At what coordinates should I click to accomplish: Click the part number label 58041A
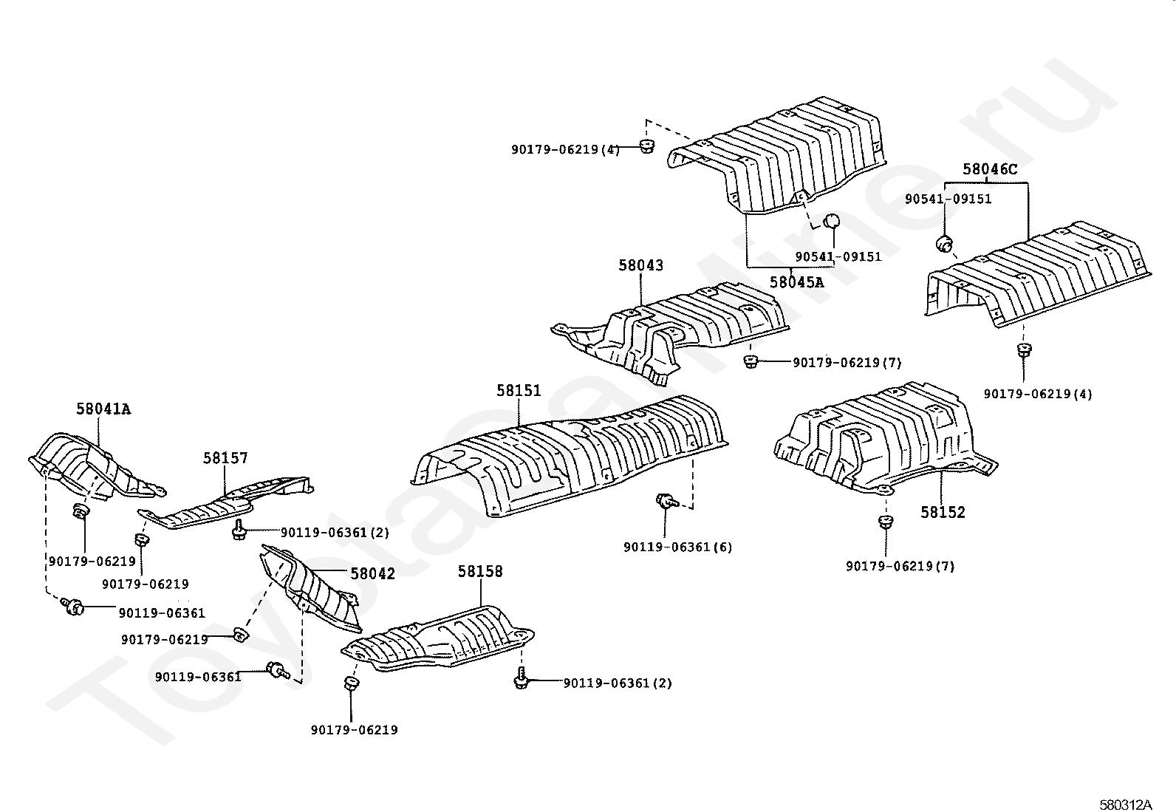click(103, 409)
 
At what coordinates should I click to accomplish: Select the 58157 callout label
click(225, 459)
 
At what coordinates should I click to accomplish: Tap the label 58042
click(372, 573)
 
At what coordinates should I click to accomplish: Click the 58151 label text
click(519, 391)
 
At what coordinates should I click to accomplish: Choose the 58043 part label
click(640, 265)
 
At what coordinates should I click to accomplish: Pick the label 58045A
click(796, 282)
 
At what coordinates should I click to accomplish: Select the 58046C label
click(989, 170)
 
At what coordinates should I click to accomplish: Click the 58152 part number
click(943, 512)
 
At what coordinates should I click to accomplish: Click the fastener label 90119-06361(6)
click(677, 547)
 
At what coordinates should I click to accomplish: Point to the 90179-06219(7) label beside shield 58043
click(847, 363)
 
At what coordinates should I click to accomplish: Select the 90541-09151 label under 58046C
click(948, 199)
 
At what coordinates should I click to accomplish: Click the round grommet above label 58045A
click(832, 221)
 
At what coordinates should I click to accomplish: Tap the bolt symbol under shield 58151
click(665, 502)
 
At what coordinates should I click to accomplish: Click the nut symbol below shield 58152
click(884, 522)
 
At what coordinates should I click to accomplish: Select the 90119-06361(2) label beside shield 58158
click(618, 683)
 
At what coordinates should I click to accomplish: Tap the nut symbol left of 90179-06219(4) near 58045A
click(646, 146)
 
